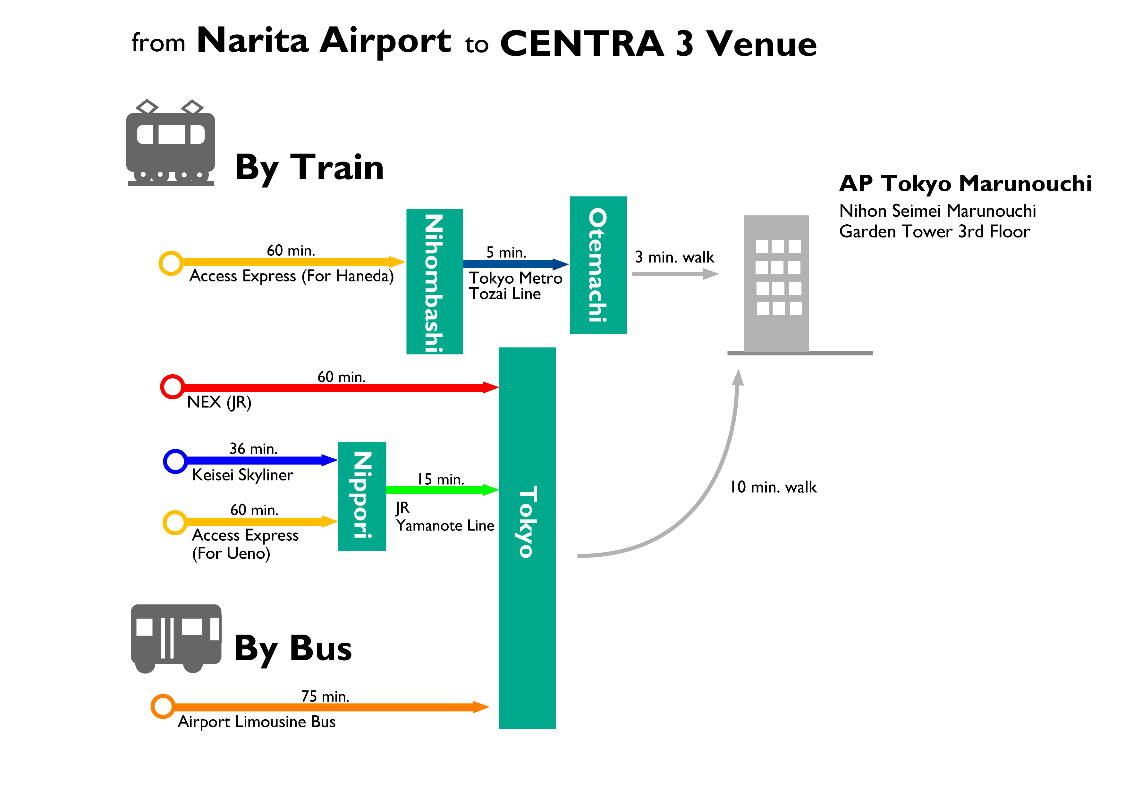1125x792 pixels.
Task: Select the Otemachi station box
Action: pos(598,265)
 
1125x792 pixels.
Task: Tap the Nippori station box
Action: pos(362,496)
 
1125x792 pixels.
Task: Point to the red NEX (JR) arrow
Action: pos(338,388)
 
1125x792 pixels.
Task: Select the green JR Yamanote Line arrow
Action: pos(441,490)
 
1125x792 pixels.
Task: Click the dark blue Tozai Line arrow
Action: pos(514,264)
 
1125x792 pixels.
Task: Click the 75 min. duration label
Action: pos(325,696)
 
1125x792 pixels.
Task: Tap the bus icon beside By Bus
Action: pos(176,638)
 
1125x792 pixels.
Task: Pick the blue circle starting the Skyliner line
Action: pos(175,461)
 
